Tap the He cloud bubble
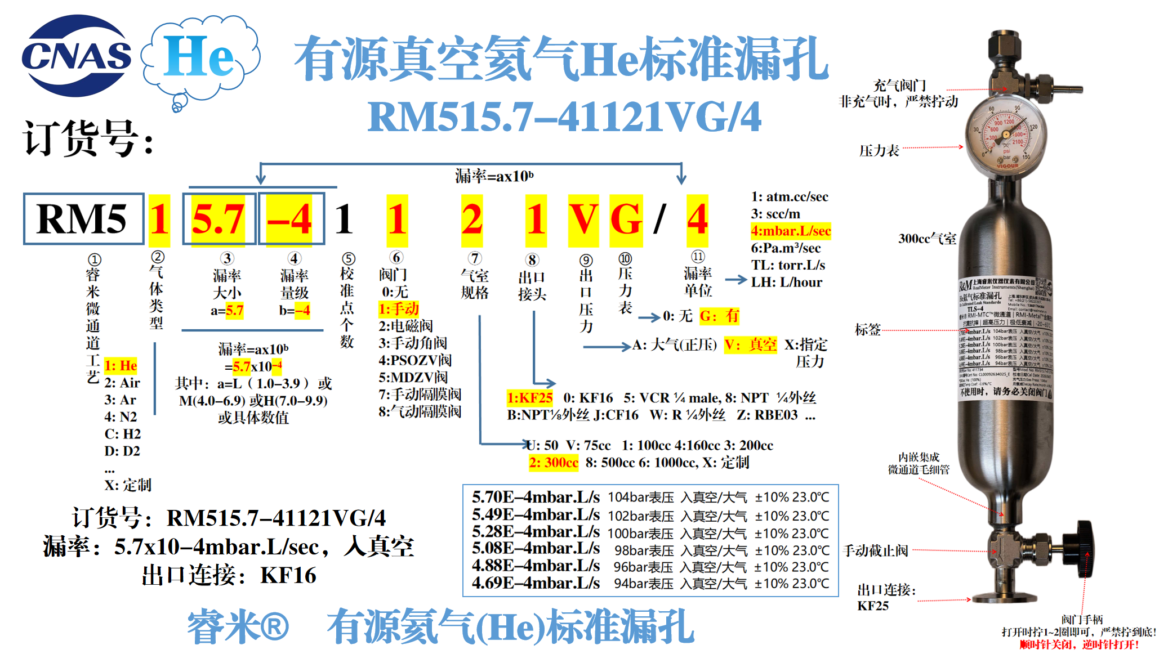coord(200,56)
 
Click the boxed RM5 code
coord(83,219)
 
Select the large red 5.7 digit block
coord(219,219)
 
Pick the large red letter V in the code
coord(583,219)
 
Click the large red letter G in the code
coord(626,219)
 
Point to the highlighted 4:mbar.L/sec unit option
coord(791,231)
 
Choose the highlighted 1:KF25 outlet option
coord(529,398)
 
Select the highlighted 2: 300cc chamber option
coord(553,463)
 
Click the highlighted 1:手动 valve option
coord(398,309)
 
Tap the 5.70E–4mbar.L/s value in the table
coord(536,497)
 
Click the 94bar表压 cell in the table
coord(643,584)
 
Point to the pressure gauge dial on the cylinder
coord(1006,135)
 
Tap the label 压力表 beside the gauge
coord(879,151)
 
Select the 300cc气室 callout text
coord(927,239)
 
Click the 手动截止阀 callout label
coord(876,550)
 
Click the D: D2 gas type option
coord(122,451)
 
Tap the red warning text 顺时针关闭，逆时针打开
coord(1079,645)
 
